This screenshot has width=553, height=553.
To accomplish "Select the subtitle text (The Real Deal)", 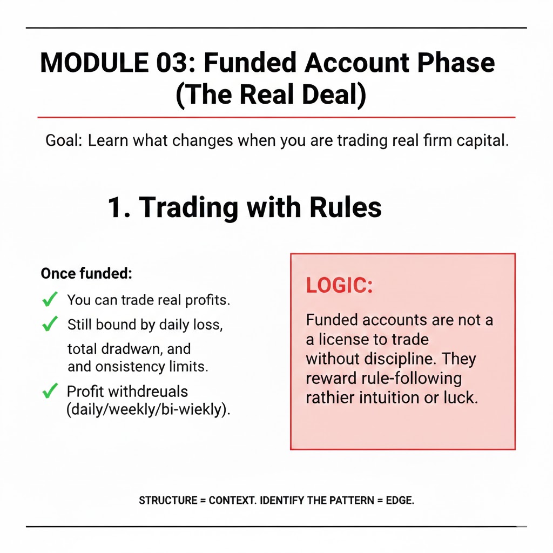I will click(x=271, y=95).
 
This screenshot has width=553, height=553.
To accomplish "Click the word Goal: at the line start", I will click(x=64, y=141).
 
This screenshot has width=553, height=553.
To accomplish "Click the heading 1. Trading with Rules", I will click(x=244, y=207).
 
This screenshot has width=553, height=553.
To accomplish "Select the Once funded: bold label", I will click(x=86, y=273).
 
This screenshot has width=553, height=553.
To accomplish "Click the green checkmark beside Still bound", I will click(x=50, y=324).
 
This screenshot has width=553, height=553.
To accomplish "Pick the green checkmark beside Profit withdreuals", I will click(x=50, y=390).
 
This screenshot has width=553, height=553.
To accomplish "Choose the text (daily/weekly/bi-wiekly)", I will click(x=149, y=409).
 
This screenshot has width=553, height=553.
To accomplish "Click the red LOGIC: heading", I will click(x=339, y=286).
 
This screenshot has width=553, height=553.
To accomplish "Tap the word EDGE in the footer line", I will click(x=399, y=501).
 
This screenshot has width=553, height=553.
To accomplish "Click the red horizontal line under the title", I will click(x=276, y=117).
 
